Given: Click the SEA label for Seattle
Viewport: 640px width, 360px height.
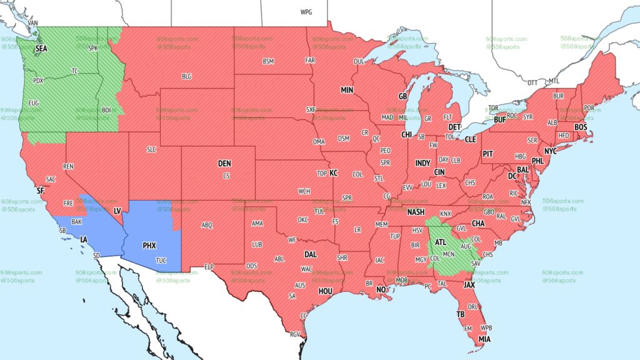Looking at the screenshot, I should [x=41, y=48].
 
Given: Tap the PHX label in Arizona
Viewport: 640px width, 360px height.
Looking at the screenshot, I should [x=149, y=246].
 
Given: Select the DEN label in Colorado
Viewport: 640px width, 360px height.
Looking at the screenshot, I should [x=224, y=163].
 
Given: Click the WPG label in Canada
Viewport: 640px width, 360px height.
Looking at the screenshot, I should [x=306, y=12].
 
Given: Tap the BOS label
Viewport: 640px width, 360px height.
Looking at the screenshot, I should [x=581, y=127].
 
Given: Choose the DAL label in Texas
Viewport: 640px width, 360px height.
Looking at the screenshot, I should [x=311, y=254].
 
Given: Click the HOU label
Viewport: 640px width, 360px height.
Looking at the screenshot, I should [x=326, y=290].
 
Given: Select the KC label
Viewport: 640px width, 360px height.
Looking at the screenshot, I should [x=333, y=172].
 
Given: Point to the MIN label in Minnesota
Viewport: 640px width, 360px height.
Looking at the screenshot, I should [x=347, y=90].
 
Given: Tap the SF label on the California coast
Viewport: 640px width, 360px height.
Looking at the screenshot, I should [x=41, y=190].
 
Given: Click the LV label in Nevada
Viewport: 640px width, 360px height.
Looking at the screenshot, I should [x=117, y=211].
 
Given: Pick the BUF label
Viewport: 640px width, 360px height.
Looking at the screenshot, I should [x=499, y=119].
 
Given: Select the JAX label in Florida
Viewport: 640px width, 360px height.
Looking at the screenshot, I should [x=469, y=284].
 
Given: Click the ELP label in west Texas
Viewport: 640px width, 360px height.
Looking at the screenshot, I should [x=209, y=266].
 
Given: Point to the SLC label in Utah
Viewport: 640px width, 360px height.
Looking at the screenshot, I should [x=151, y=149].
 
